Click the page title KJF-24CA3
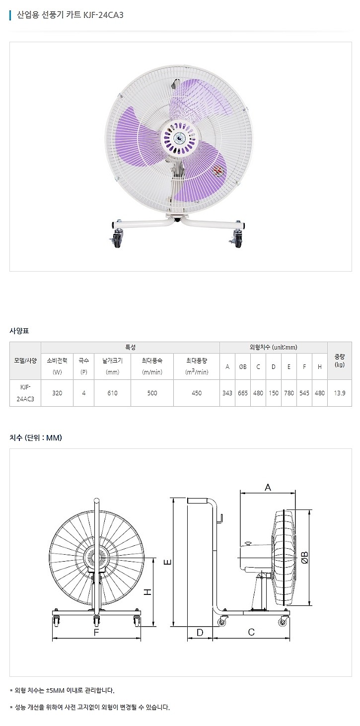click(103, 15)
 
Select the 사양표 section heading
click(19, 331)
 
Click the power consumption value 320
click(57, 393)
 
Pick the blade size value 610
click(112, 393)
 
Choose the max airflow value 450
click(197, 393)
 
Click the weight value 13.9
click(340, 393)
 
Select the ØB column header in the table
click(243, 366)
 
